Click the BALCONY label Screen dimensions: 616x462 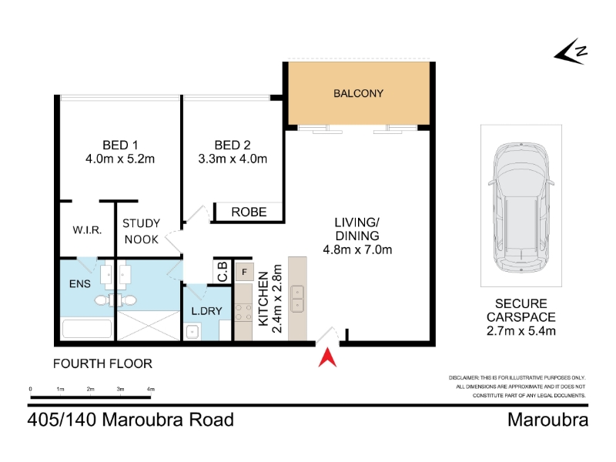tap(358, 93)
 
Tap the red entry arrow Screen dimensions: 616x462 tap(327, 360)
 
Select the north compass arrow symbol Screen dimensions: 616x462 tap(571, 52)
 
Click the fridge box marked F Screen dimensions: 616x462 tap(244, 272)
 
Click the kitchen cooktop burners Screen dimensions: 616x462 tap(243, 313)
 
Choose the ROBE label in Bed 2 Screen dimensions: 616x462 tap(249, 213)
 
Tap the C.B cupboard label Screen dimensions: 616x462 tap(223, 272)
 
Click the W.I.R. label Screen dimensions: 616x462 tap(87, 229)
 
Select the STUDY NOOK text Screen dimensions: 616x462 tap(142, 232)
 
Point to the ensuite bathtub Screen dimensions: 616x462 tap(87, 329)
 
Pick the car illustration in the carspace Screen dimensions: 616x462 tap(521, 207)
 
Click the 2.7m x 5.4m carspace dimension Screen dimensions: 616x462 tap(521, 331)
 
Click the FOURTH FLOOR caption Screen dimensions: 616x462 tap(102, 363)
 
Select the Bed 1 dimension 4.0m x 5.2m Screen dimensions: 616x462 tap(120, 159)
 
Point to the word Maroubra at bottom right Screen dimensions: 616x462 tap(547, 420)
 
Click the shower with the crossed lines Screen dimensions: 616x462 tap(149, 326)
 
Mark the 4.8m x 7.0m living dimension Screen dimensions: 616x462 tap(357, 249)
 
